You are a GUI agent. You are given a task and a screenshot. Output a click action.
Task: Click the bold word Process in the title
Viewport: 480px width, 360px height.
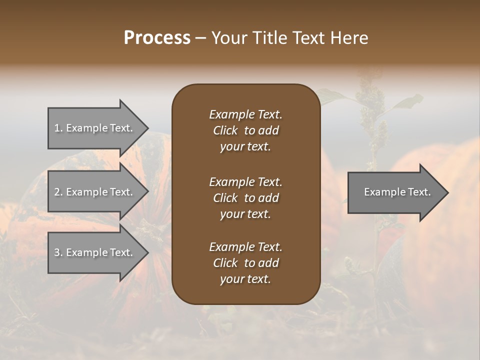157,38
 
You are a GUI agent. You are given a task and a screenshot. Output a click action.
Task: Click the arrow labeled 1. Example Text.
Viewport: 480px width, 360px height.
95,128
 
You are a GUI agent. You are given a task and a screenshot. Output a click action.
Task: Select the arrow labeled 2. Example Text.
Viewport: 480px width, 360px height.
95,192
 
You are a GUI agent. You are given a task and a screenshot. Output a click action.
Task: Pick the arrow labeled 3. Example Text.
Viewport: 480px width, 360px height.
95,252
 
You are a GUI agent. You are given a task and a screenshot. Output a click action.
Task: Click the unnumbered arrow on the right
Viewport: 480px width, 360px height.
395,192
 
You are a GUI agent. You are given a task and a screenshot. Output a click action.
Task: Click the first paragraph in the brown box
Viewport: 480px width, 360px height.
245,130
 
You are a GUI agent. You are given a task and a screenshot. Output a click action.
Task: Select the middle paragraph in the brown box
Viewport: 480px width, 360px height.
245,197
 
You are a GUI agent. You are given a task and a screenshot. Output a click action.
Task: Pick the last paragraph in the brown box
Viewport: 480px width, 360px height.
245,263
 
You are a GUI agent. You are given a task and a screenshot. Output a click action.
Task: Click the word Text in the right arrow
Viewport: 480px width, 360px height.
418,192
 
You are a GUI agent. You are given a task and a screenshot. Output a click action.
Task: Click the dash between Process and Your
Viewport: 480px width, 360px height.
200,38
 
